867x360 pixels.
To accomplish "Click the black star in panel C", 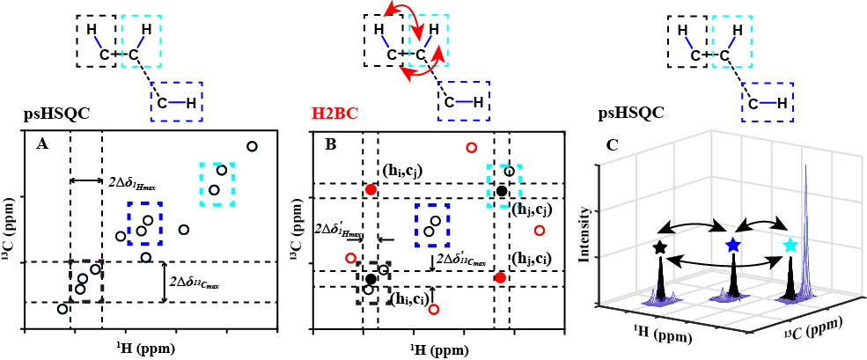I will (x=660, y=248).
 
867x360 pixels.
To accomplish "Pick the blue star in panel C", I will (x=732, y=246).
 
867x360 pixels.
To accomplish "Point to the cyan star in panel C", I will (x=790, y=245).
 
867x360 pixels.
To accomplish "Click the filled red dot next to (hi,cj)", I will (x=371, y=189).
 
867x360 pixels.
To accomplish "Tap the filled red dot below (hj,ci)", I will (x=500, y=277).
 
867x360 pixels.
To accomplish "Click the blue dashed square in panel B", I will (x=432, y=224).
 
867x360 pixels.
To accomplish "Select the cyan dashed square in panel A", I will (x=217, y=183).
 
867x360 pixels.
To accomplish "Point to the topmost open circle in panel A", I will (x=252, y=146).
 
